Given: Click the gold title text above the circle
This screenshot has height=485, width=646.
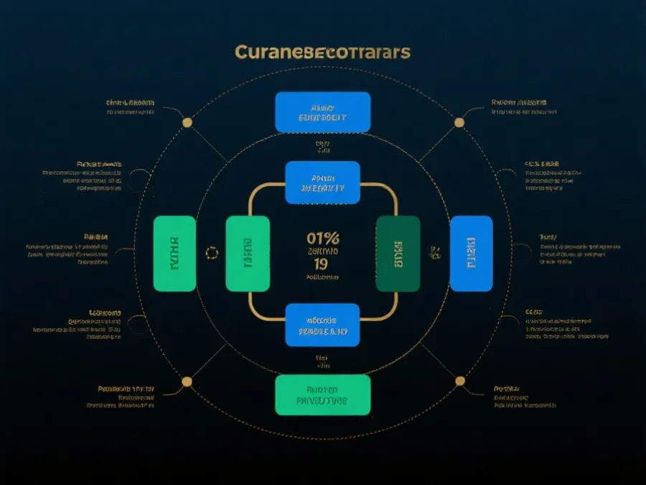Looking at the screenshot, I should (322, 53).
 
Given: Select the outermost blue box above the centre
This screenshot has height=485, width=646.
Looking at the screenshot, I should (323, 112).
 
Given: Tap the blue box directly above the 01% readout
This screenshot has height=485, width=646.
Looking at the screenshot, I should (322, 183).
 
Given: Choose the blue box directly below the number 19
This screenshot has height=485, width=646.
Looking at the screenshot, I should (322, 325).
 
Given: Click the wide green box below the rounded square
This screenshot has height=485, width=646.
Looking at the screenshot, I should (323, 394).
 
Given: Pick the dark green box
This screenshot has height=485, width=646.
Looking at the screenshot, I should (398, 253).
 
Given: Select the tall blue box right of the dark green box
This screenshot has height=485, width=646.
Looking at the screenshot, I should (471, 253).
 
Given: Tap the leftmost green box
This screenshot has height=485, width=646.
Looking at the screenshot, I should (174, 253).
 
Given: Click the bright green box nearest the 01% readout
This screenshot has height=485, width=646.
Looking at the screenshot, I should (248, 253).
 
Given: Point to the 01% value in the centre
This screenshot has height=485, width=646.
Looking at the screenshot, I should (323, 238).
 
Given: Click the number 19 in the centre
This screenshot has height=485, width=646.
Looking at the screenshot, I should (322, 263).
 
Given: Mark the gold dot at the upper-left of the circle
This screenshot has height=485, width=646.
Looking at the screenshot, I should (187, 122).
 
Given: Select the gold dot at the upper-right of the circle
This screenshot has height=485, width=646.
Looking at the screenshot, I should (459, 122).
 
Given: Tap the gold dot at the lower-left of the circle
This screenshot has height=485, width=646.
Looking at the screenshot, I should (187, 381).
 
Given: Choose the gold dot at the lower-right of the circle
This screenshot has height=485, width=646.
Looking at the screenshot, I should (459, 381).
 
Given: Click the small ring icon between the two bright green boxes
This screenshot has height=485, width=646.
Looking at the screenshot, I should (211, 252).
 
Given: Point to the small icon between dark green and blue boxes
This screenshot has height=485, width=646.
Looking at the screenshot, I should (434, 251).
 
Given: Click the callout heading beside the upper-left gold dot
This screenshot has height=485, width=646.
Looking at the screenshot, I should (130, 103).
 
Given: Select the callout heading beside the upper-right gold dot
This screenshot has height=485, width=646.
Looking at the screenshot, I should (518, 102).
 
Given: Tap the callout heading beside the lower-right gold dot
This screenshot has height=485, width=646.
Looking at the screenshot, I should (507, 389).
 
